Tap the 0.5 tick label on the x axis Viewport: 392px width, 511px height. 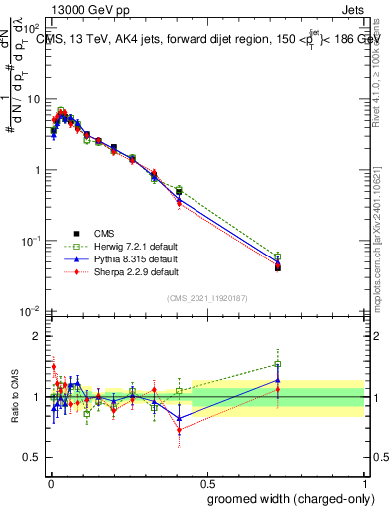[206, 478]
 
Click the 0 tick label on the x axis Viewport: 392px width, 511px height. [50, 478]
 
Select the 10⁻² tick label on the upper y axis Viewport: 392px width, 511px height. [30, 311]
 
